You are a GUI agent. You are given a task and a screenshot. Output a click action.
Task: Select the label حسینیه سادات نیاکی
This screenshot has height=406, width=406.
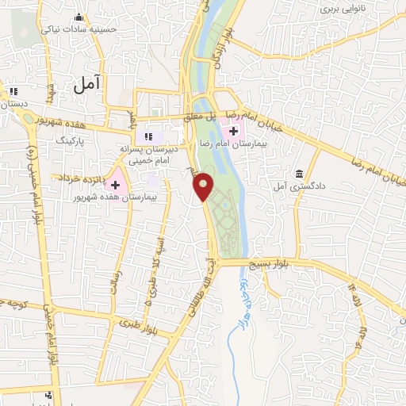click(105, 29)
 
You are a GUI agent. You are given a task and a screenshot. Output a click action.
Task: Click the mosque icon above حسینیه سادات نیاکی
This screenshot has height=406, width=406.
click(78, 17)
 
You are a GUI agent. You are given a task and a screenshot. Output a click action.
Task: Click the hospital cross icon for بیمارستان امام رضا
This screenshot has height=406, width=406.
click(233, 130)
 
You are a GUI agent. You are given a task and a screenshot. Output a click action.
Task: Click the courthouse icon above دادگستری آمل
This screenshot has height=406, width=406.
click(299, 174)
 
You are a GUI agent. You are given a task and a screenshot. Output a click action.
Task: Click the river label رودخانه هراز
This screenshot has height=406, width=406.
click(244, 285)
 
